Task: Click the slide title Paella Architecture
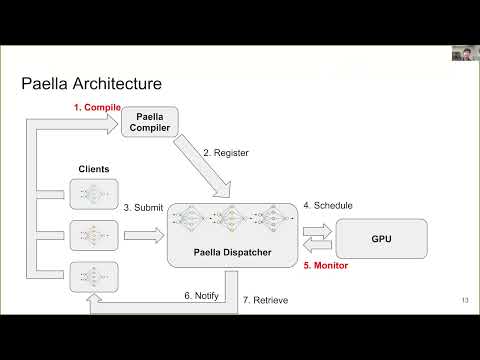pos(91,83)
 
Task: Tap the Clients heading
pos(93,169)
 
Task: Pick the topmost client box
pos(94,194)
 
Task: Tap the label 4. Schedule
pos(326,205)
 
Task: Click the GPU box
pos(380,240)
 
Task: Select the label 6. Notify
pos(200,296)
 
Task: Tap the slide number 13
pos(465,299)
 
